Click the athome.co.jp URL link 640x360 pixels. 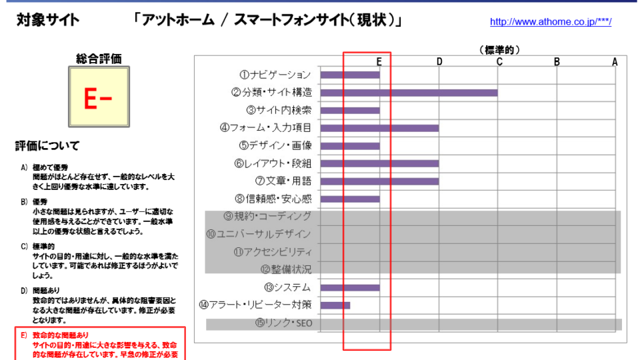pos(550,22)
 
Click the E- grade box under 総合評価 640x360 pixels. pos(99,97)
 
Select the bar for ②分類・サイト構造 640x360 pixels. pos(409,93)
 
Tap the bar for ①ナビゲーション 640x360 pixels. pos(350,75)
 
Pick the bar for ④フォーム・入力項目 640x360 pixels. pos(379,128)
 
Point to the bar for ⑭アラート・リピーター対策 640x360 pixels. pos(335,305)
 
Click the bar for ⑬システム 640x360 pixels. pos(350,288)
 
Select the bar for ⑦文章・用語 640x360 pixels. pos(379,181)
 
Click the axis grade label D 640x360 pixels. pos(439,61)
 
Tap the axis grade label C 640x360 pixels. pos(499,61)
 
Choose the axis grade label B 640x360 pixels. pos(557,61)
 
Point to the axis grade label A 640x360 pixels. pos(615,61)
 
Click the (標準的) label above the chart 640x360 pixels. pos(499,50)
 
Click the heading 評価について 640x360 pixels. pos(47,145)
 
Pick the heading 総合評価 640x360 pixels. pos(99,59)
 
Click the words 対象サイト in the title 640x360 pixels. pos(47,20)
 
